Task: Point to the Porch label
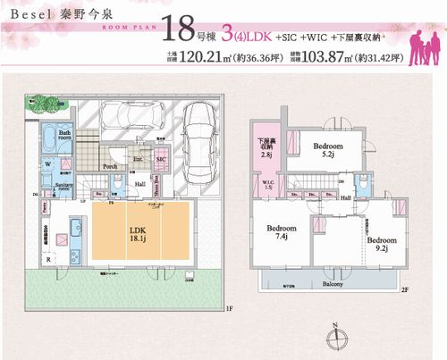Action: [x=112, y=166]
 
